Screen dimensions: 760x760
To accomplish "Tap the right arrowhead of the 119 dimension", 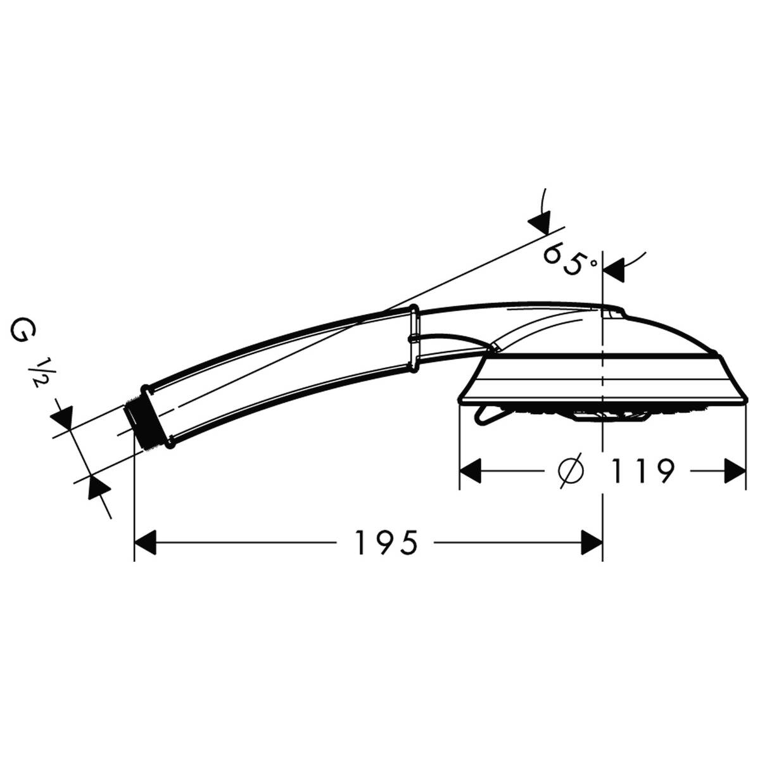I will (x=735, y=471).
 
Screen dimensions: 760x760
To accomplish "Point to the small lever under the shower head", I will (x=486, y=415).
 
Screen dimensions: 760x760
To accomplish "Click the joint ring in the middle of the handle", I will (x=414, y=338).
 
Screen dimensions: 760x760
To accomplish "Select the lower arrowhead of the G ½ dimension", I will (x=97, y=486).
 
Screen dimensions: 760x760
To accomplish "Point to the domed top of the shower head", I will (x=659, y=329).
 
